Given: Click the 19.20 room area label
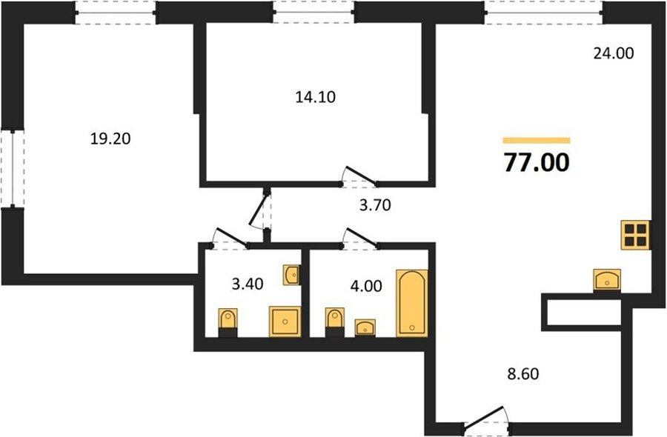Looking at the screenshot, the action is [110, 139].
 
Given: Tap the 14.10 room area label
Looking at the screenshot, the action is [315, 97].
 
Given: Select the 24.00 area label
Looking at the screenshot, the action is [614, 53].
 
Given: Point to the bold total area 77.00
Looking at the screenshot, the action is [537, 162].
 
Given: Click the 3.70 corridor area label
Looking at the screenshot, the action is [375, 206].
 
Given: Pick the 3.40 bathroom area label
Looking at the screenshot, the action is [248, 284].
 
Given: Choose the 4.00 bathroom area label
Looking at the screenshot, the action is [366, 286].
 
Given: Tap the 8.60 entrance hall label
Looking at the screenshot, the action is [522, 373].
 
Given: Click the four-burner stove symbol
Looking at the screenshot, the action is [636, 235].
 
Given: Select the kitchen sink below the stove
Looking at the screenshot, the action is [607, 280].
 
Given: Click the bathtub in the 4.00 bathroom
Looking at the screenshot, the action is [412, 303].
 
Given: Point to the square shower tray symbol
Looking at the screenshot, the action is [285, 321].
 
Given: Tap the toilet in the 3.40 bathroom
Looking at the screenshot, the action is [228, 323].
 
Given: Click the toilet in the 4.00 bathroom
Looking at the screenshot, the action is [335, 322].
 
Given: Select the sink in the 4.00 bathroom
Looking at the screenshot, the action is [365, 327].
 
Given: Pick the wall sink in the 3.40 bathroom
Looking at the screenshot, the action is [292, 275].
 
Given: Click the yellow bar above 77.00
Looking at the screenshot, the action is [537, 141].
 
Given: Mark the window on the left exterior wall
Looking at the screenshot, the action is [13, 169].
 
